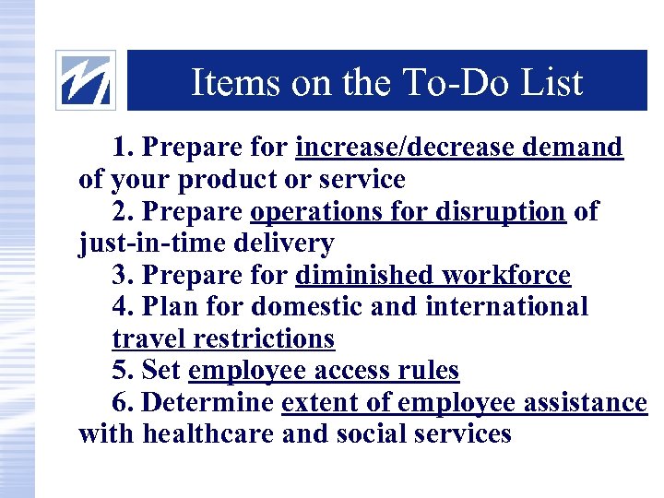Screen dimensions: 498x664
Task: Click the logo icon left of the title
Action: pos(86,80)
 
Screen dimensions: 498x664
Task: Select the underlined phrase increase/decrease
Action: pos(407,148)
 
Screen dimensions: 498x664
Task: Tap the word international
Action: pos(506,307)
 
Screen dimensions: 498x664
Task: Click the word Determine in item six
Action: pos(209,403)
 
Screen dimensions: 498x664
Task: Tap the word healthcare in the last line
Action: pos(208,434)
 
